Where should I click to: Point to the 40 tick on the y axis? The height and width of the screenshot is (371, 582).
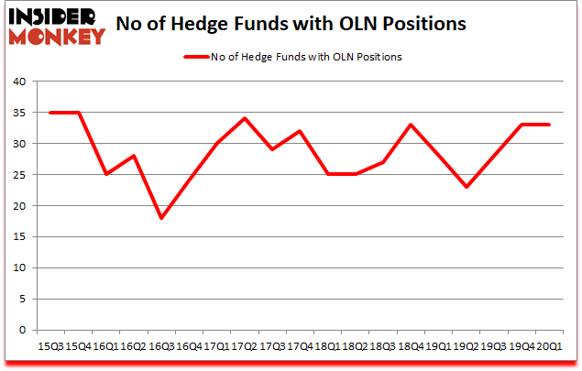pyautogui.click(x=20, y=82)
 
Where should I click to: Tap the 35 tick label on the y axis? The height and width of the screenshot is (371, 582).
pyautogui.click(x=20, y=113)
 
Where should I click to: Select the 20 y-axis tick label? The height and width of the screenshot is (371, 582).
pyautogui.click(x=20, y=206)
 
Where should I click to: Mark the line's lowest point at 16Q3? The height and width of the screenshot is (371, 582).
pyautogui.click(x=161, y=218)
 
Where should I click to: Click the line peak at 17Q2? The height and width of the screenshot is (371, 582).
pyautogui.click(x=245, y=118)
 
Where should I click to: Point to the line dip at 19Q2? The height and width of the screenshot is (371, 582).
pyautogui.click(x=467, y=187)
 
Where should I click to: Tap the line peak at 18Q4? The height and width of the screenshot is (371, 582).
pyautogui.click(x=411, y=125)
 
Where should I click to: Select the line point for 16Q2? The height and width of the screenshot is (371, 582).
pyautogui.click(x=134, y=156)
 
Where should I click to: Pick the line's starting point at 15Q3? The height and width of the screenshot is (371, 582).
pyautogui.click(x=50, y=113)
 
